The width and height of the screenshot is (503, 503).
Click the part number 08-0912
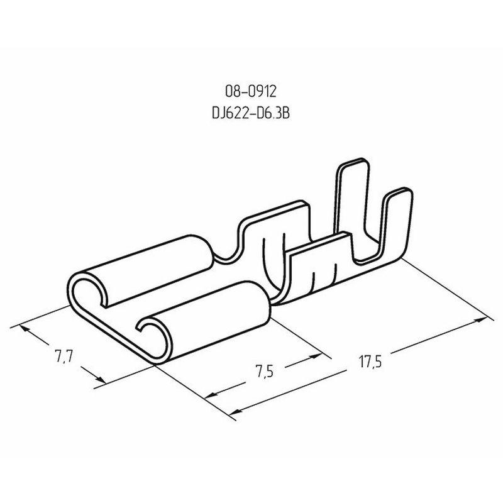(x=250, y=92)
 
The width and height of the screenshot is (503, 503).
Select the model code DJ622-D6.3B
(x=250, y=113)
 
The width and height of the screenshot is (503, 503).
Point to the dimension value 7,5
(x=265, y=372)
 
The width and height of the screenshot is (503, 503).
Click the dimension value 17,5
(x=370, y=362)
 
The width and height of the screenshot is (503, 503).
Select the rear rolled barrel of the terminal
(x=141, y=270)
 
